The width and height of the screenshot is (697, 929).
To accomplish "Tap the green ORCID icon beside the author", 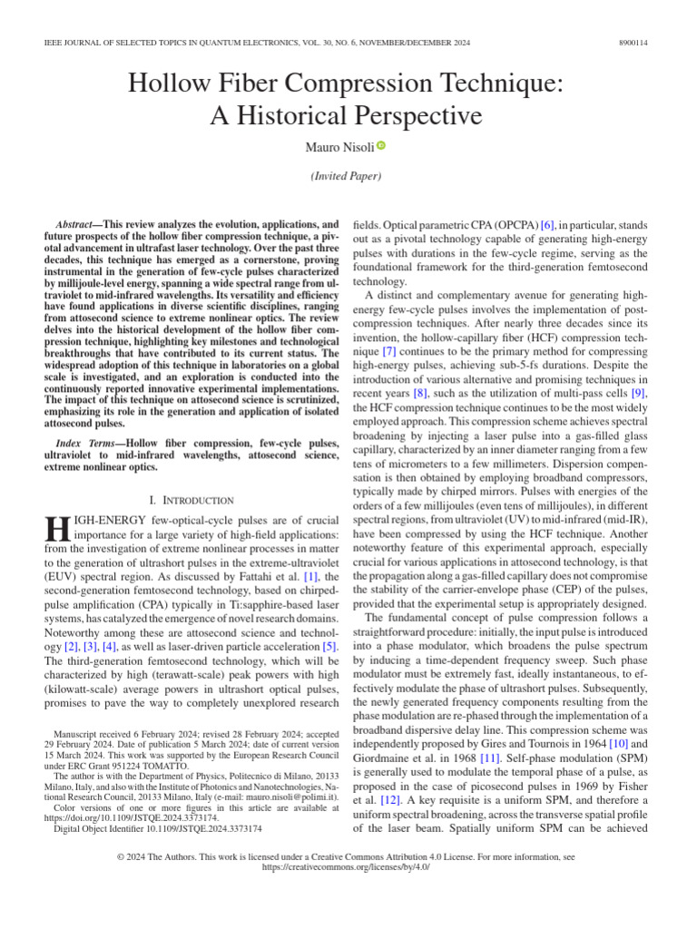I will coord(381,145).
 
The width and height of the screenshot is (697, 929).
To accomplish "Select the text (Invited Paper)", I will coord(348,177).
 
